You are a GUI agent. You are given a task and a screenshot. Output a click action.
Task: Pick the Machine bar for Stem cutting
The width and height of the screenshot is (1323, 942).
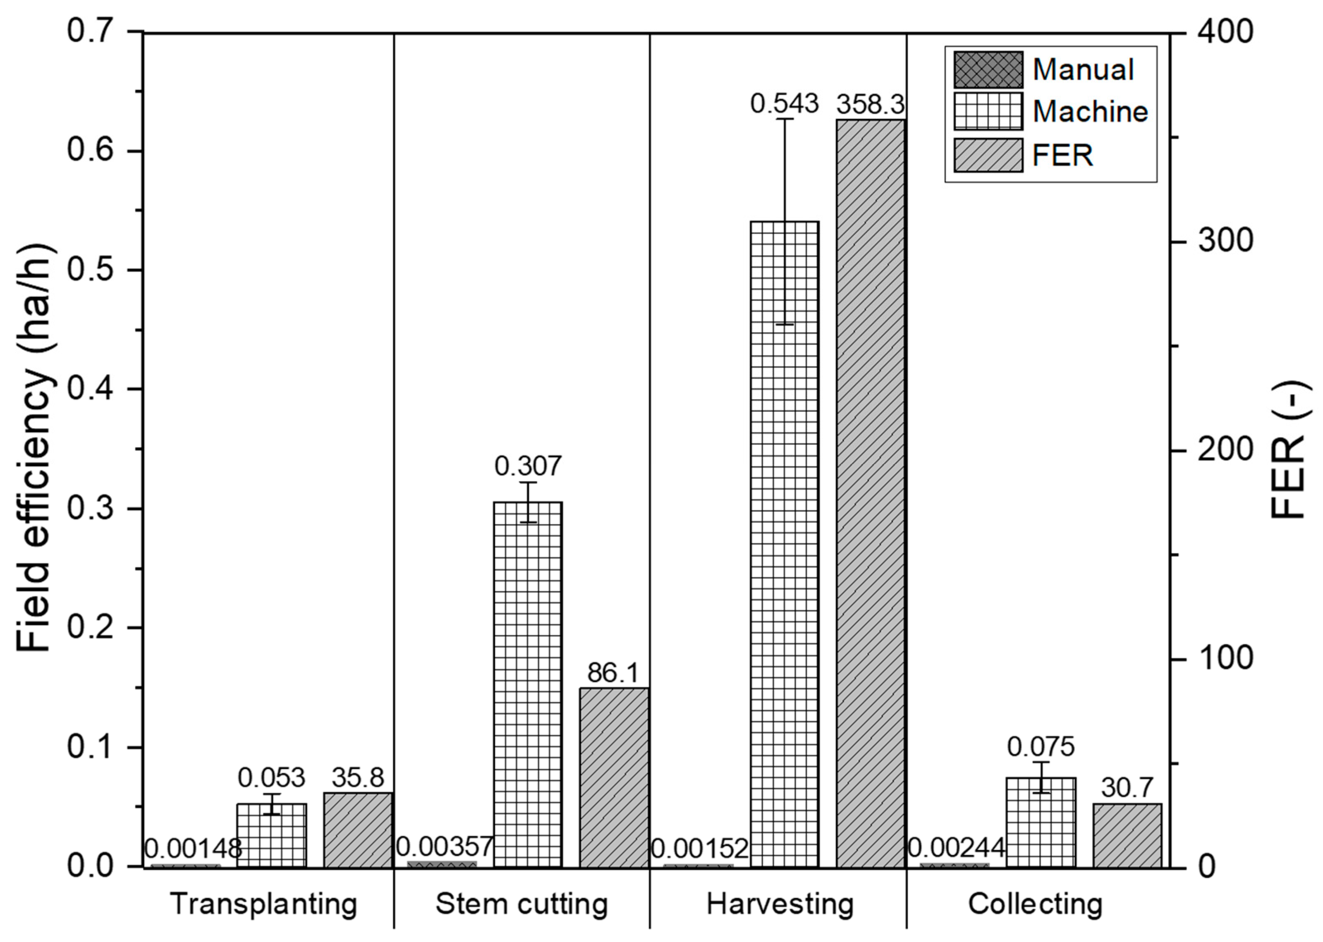tap(528, 684)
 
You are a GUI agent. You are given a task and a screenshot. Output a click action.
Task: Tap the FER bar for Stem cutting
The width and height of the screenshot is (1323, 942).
tap(614, 777)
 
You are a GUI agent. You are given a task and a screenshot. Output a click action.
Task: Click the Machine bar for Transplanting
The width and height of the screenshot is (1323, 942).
tap(271, 835)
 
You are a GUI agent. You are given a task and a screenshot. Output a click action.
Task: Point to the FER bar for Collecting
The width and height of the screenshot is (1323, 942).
tap(1127, 835)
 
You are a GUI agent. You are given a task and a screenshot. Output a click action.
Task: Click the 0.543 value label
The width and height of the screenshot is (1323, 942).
tap(784, 104)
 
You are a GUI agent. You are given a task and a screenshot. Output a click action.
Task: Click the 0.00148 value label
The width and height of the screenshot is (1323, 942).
tap(193, 849)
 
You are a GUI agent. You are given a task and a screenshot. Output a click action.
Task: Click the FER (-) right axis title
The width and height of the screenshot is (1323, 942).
tap(1289, 449)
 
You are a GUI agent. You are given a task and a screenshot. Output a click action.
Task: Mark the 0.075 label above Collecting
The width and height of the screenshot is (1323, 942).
tap(1041, 747)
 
